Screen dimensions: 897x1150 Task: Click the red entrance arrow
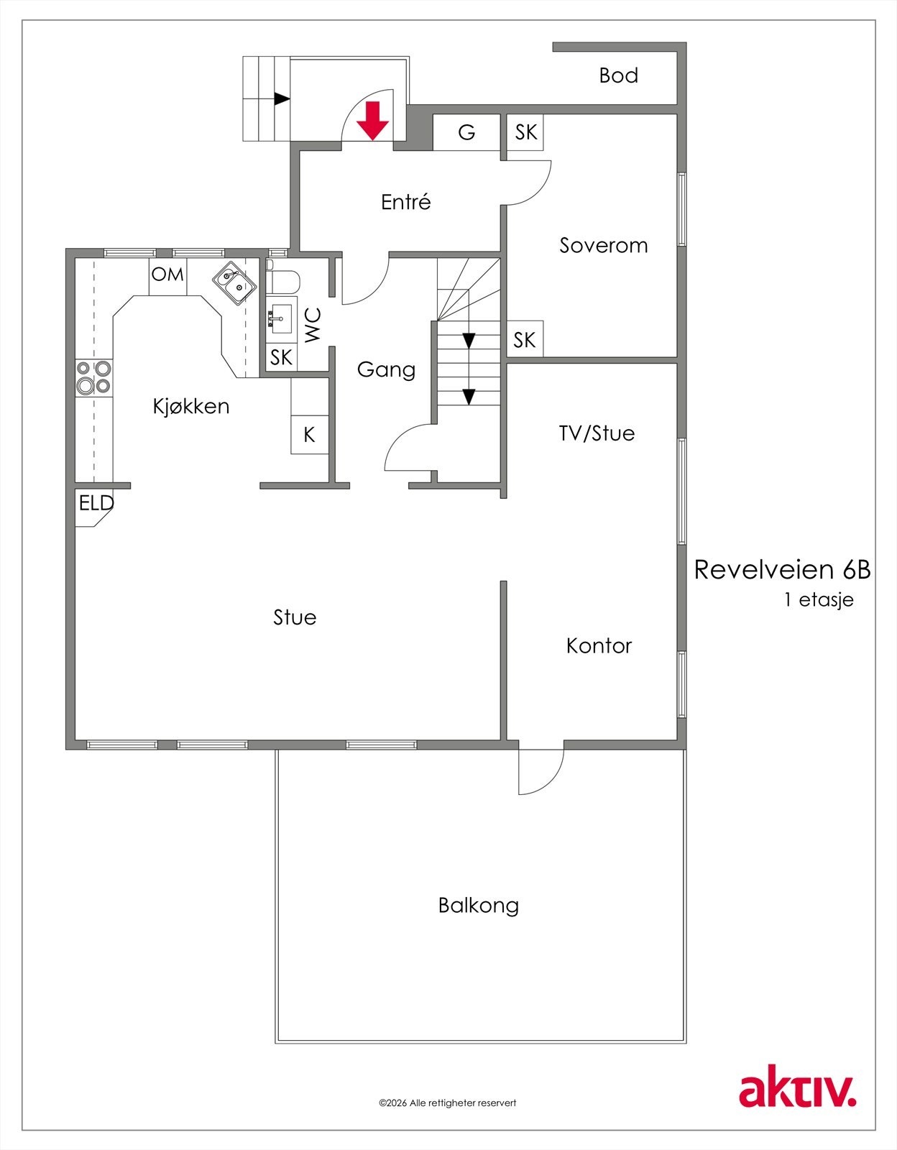372,120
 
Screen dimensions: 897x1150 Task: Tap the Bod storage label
618,75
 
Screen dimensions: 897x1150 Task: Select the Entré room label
406,202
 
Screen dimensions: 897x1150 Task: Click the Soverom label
603,245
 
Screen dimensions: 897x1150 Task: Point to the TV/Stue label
597,433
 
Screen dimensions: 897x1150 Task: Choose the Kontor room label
599,645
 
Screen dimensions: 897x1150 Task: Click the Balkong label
479,906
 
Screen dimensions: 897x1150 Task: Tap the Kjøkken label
191,406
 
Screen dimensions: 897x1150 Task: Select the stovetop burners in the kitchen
94,377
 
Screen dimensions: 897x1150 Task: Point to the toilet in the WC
283,282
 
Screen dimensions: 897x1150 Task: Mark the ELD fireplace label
96,502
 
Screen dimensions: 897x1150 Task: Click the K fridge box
310,434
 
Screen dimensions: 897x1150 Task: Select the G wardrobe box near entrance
466,132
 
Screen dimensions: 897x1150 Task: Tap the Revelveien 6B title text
782,569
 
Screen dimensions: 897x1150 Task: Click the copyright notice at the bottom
448,1103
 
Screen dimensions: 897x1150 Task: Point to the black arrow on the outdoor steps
282,99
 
